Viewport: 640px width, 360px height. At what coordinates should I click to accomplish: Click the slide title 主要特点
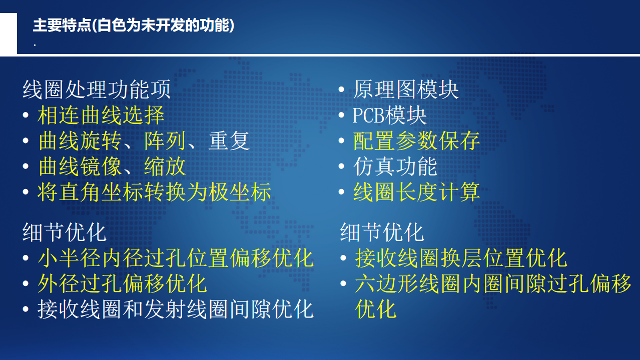tap(62, 25)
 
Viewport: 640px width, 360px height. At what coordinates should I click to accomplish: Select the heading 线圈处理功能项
tap(97, 89)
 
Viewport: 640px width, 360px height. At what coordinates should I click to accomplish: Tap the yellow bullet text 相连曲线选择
tap(101, 115)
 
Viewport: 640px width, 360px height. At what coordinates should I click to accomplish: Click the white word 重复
tap(229, 140)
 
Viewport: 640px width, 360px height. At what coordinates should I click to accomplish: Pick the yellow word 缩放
tap(165, 166)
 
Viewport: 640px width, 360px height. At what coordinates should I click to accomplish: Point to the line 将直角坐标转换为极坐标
tap(154, 192)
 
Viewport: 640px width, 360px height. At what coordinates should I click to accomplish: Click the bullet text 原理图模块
tap(406, 89)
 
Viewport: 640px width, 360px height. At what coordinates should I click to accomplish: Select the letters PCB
tap(369, 115)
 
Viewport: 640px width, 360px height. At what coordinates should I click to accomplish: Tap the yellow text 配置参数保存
tap(416, 140)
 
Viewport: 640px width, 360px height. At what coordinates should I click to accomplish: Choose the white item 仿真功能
tap(395, 166)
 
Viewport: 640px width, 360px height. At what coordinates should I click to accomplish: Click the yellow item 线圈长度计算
tap(416, 192)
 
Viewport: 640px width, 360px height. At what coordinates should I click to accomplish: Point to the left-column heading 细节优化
tap(65, 232)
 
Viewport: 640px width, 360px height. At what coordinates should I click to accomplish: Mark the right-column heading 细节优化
tap(382, 232)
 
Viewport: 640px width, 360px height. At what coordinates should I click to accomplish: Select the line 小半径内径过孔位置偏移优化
tap(176, 258)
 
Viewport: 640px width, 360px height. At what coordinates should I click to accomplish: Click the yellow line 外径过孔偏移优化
tap(122, 284)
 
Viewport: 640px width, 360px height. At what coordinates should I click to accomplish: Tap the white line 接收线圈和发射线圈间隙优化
tap(176, 309)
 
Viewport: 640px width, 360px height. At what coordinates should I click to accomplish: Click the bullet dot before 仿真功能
tap(341, 166)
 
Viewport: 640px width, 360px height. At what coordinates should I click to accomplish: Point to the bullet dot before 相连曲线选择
tap(26, 115)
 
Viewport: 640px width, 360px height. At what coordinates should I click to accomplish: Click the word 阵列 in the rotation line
tap(165, 140)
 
